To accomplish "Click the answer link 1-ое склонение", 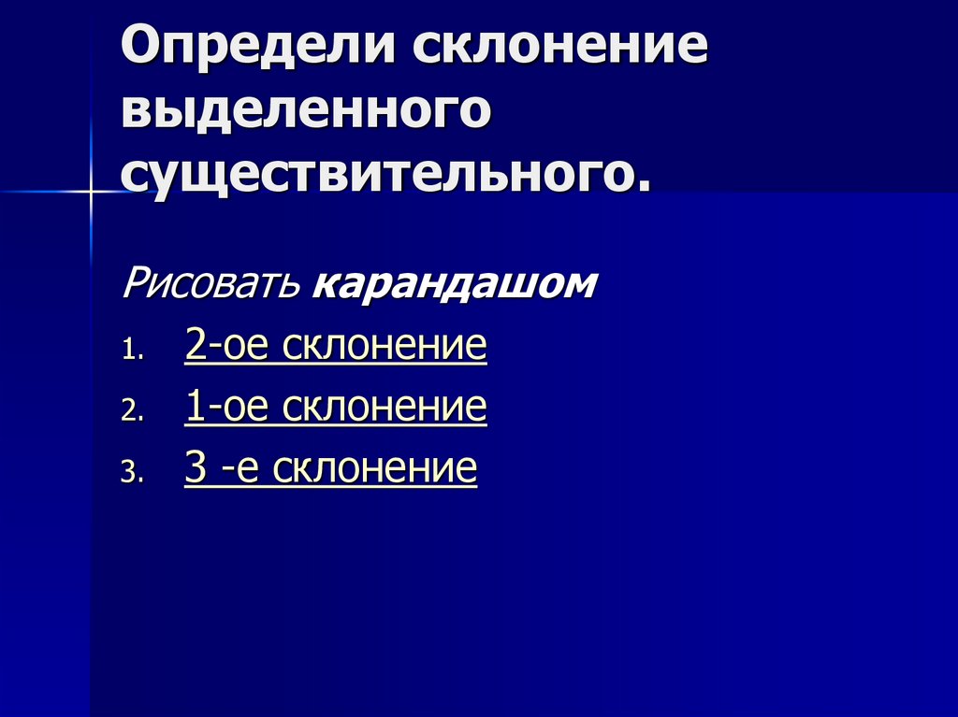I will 336,408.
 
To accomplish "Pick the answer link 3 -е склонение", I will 330,468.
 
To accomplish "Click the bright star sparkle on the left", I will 92,192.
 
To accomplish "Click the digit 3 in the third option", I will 195,468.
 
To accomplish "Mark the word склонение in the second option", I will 384,408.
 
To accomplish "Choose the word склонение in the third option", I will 374,468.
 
